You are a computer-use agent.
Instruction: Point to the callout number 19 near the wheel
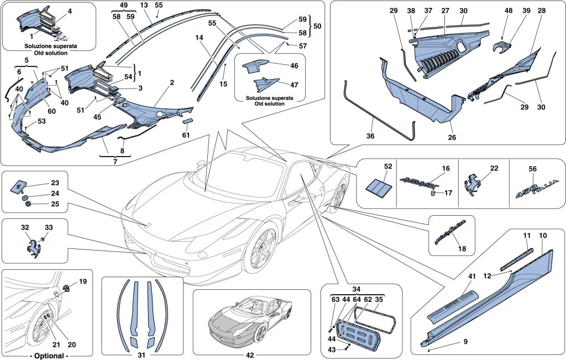(83, 281)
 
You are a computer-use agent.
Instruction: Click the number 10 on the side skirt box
(543, 236)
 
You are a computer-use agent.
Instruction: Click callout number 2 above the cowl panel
(172, 82)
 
